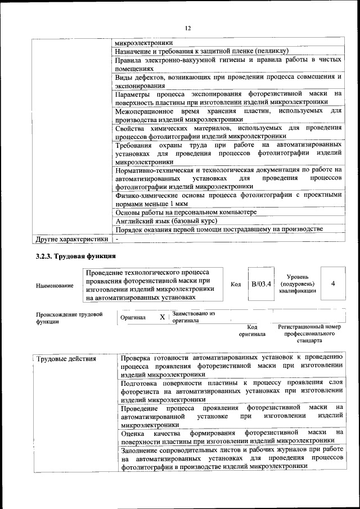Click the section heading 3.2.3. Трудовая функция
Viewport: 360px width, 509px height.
coord(76,256)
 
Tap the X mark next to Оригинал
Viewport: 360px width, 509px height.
coord(162,317)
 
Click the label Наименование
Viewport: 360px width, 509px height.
coord(55,286)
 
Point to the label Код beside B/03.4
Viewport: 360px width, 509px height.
coord(236,284)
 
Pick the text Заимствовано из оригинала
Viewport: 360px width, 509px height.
coord(193,317)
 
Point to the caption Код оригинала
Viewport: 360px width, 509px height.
coord(252,330)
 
